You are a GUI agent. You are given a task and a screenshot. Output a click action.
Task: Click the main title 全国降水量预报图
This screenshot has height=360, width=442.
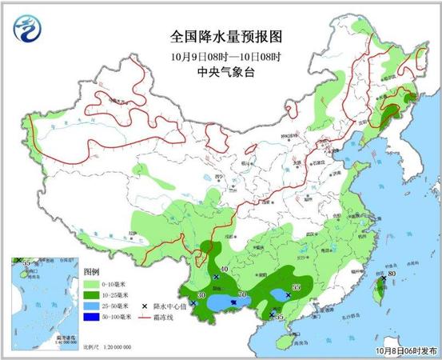point(227,37)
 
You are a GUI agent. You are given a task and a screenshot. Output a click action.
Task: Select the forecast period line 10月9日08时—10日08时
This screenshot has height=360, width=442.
point(227,55)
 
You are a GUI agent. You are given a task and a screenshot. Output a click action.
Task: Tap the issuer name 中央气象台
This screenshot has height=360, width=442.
point(227,72)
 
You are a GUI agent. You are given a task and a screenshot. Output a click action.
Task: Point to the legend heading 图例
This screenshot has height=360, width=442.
point(93,270)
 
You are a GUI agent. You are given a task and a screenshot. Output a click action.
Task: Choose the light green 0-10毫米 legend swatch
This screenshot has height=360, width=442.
point(92,282)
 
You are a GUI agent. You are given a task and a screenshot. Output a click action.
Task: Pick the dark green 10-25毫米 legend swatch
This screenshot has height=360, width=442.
point(92,294)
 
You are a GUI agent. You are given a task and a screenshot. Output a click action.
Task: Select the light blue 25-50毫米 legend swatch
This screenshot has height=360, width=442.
point(92,305)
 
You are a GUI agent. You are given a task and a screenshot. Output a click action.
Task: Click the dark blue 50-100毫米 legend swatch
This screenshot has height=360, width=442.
point(92,317)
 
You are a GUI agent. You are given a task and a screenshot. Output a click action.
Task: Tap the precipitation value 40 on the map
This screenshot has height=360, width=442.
point(225,269)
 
